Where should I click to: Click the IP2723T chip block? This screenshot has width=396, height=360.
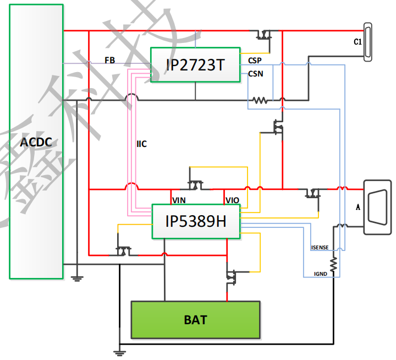click(x=195, y=65)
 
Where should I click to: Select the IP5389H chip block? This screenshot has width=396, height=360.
click(x=195, y=221)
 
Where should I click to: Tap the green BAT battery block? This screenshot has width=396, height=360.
click(x=195, y=320)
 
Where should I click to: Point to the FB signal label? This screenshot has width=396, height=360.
click(x=110, y=60)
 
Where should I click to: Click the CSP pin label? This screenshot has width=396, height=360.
click(x=255, y=61)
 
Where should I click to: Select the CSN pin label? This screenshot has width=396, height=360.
click(x=255, y=73)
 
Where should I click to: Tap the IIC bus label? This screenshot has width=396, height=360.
click(x=141, y=144)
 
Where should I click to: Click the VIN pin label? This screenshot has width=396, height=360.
click(x=179, y=200)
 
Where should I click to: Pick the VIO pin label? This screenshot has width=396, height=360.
click(x=232, y=200)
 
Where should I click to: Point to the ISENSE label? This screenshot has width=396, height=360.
click(x=320, y=248)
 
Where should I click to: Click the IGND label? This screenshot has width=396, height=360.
click(x=320, y=273)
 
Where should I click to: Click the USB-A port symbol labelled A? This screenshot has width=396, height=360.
click(x=377, y=206)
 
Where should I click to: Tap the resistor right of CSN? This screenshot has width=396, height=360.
click(x=260, y=100)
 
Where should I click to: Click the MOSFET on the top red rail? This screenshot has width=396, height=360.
click(x=265, y=35)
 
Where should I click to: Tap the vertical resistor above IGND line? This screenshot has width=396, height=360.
click(x=333, y=262)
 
